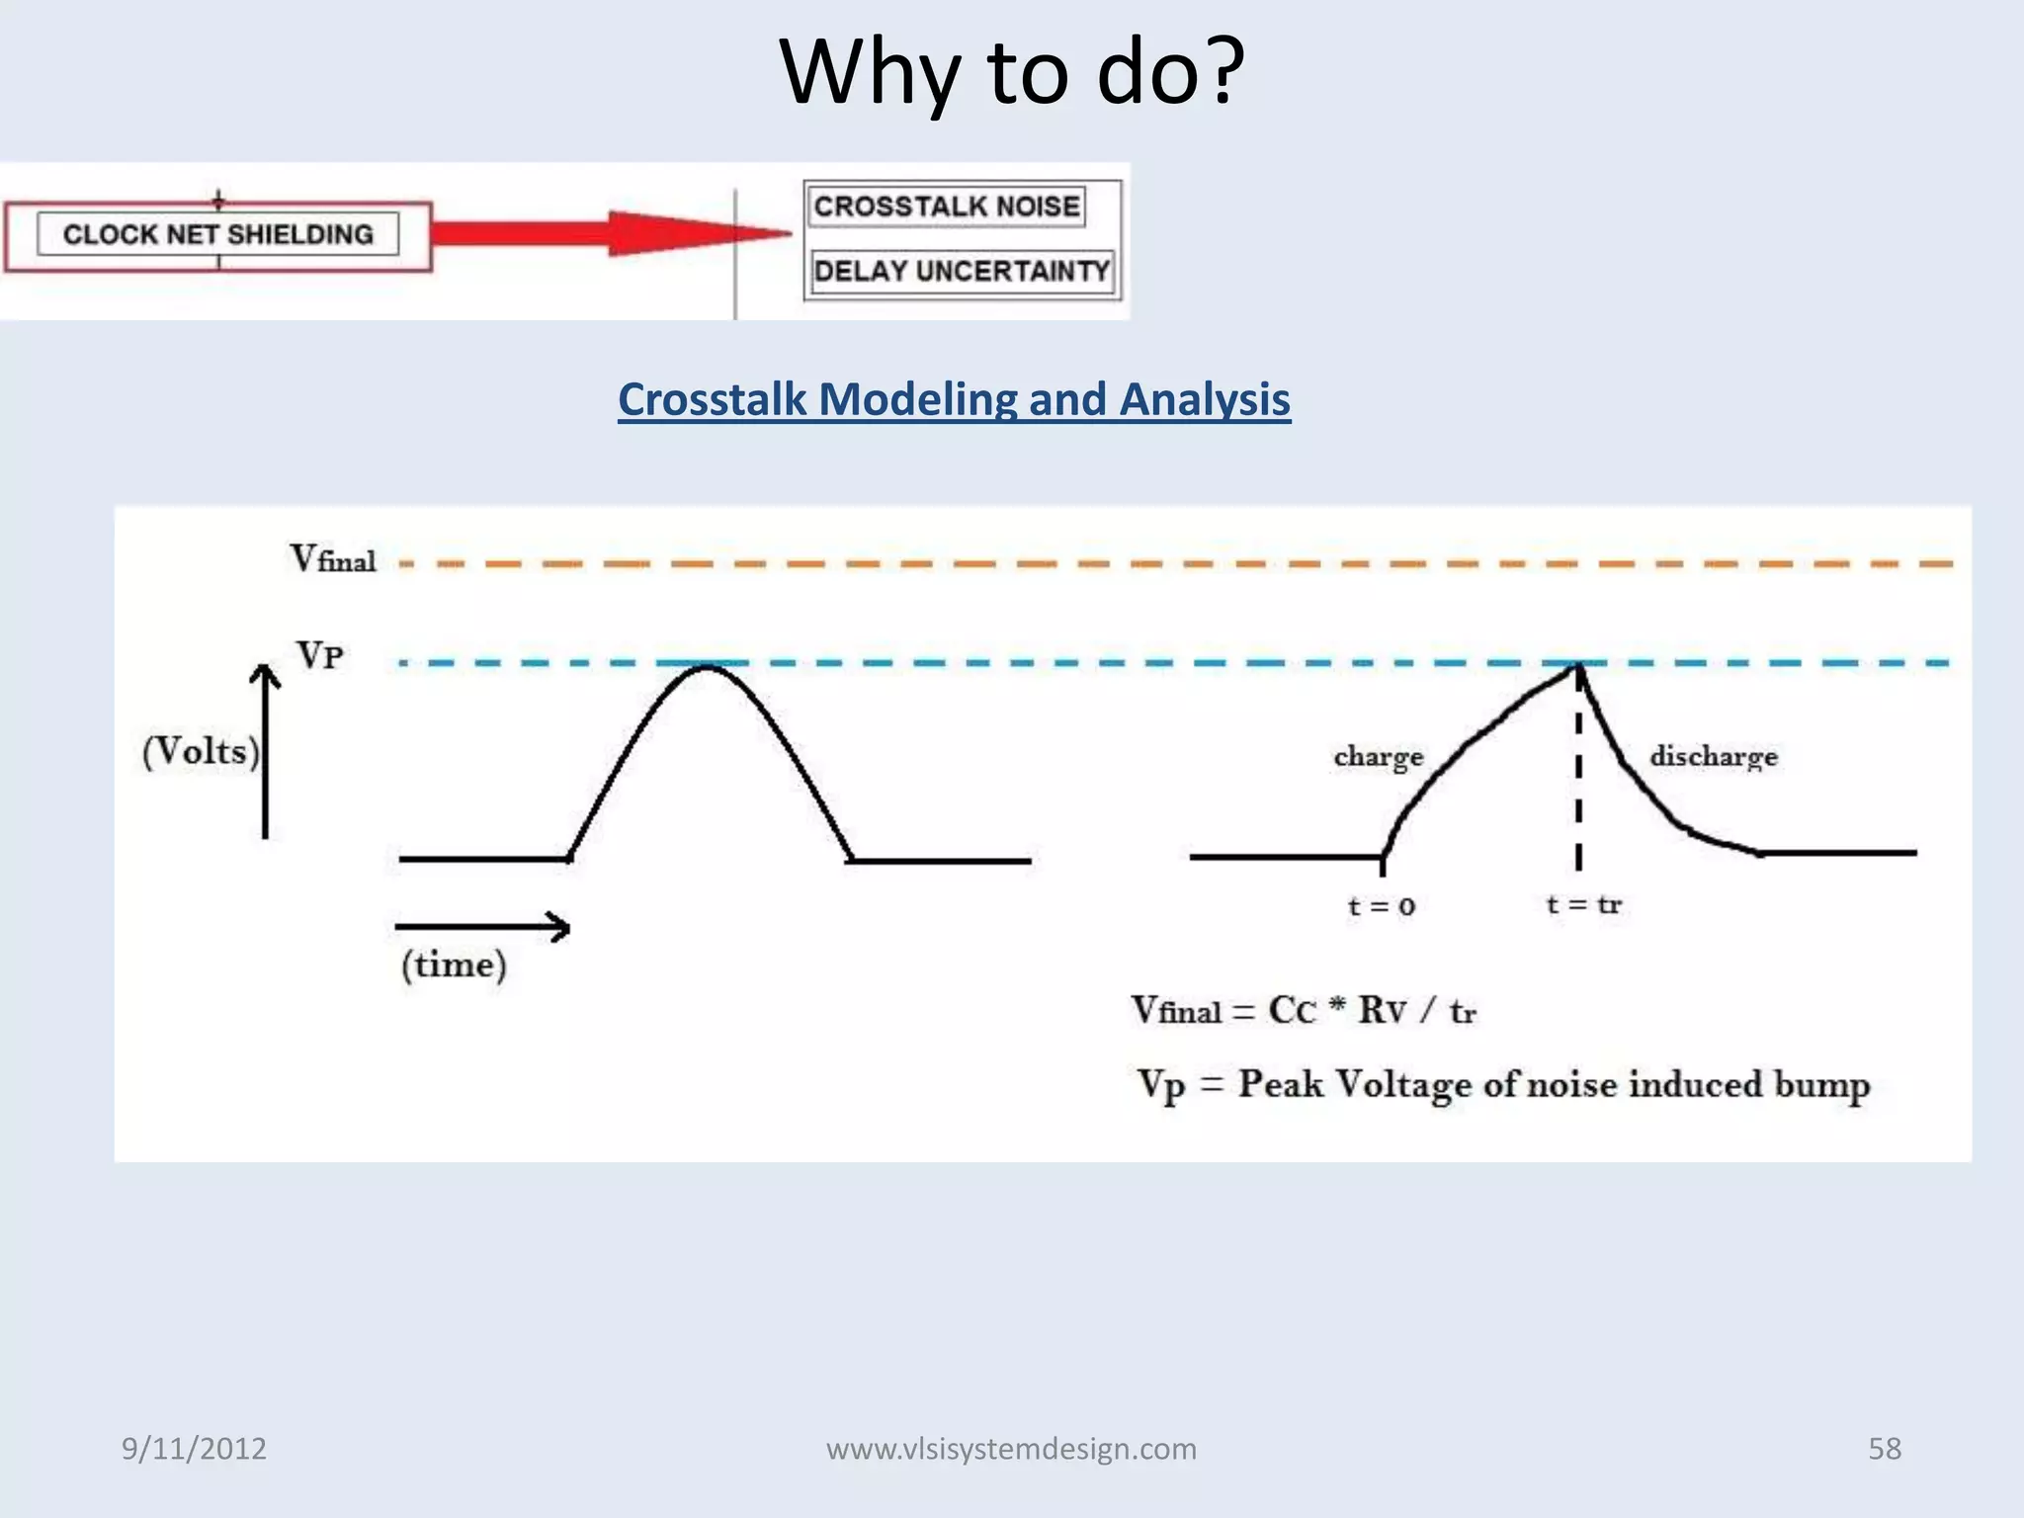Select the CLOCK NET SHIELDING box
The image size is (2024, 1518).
pos(218,235)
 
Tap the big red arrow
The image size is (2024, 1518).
pos(613,234)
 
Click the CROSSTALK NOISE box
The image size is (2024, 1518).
pos(947,207)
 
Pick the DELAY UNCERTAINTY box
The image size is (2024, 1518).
pos(962,271)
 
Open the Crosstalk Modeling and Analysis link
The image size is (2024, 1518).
pos(954,400)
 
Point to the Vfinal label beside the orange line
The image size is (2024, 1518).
pos(333,559)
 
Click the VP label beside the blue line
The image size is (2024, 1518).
pos(320,654)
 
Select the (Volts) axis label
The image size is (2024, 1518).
pos(201,751)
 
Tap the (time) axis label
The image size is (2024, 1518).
pos(454,965)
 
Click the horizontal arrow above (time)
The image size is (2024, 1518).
pos(482,927)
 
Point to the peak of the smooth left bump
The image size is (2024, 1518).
pos(707,668)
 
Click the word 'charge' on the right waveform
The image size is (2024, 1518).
pos(1379,757)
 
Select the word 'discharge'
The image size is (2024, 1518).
pos(1714,757)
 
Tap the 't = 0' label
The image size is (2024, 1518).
pos(1382,906)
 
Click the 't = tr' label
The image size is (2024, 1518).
pos(1583,904)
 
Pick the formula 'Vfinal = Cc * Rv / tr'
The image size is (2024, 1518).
pos(1303,1011)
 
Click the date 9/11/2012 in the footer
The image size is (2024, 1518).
pos(194,1449)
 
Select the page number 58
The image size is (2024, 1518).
pos(1884,1449)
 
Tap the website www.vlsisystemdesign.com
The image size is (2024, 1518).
pos(1011,1449)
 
